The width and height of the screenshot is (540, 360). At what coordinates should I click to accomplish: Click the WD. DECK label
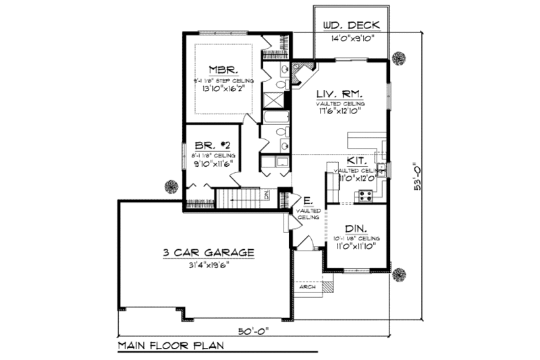click(351, 26)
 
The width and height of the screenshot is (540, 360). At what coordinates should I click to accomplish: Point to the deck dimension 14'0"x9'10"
click(351, 39)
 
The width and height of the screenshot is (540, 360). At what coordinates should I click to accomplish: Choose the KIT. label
click(356, 161)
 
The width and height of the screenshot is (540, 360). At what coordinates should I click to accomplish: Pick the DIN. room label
click(356, 228)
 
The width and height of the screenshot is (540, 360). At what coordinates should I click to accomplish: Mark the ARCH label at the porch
click(306, 286)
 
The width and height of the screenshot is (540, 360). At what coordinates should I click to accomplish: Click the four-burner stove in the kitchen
click(366, 196)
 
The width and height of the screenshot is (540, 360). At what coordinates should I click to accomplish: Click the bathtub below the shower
click(277, 118)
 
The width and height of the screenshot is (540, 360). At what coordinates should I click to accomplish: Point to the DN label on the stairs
click(266, 195)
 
